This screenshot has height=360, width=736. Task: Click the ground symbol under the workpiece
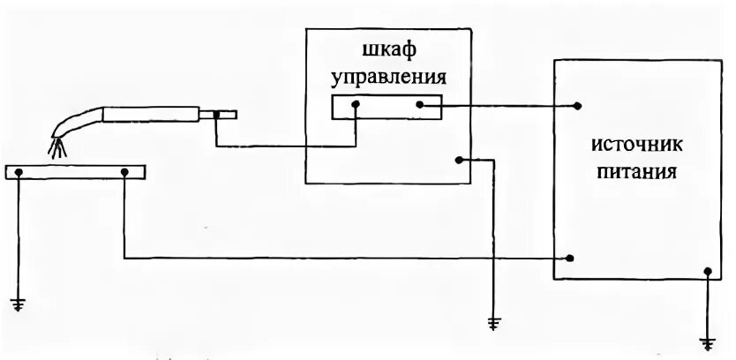point(19,305)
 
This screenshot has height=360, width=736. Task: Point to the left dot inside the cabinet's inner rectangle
point(356,105)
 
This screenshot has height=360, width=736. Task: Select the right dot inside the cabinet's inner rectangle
point(420,105)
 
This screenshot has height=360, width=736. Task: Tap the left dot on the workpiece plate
point(19,171)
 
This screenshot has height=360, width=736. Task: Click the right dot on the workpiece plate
point(125,171)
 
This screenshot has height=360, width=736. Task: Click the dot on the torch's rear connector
point(214,114)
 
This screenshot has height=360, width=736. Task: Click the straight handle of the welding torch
point(150,114)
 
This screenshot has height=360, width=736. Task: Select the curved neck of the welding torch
point(78,120)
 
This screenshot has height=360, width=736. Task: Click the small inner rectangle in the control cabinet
point(387,106)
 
